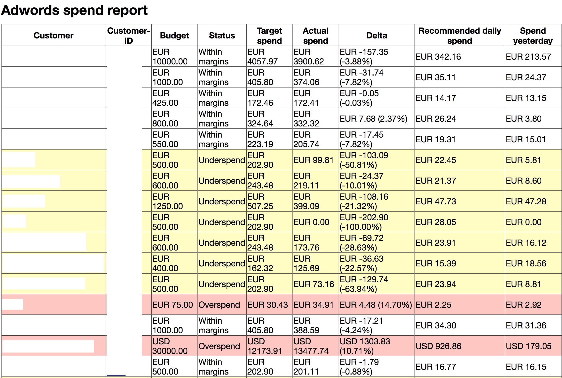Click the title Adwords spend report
(x=74, y=11)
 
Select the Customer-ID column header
(x=128, y=36)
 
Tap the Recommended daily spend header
(x=460, y=36)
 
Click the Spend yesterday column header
(x=533, y=36)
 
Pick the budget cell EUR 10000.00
(x=170, y=57)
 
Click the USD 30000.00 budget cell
(x=170, y=346)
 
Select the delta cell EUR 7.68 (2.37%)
(x=373, y=119)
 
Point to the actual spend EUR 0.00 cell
(x=311, y=222)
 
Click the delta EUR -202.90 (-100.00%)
(x=364, y=222)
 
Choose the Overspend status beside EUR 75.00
(x=219, y=305)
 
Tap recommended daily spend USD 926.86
(x=438, y=346)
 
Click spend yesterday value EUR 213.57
(x=528, y=57)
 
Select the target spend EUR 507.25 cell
(x=260, y=201)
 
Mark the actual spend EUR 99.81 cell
(x=313, y=160)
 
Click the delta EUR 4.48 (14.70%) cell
(x=376, y=305)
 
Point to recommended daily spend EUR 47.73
(x=436, y=201)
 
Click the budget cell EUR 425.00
(x=165, y=98)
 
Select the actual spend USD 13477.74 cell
(x=311, y=346)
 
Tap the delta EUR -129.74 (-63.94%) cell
(x=364, y=284)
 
